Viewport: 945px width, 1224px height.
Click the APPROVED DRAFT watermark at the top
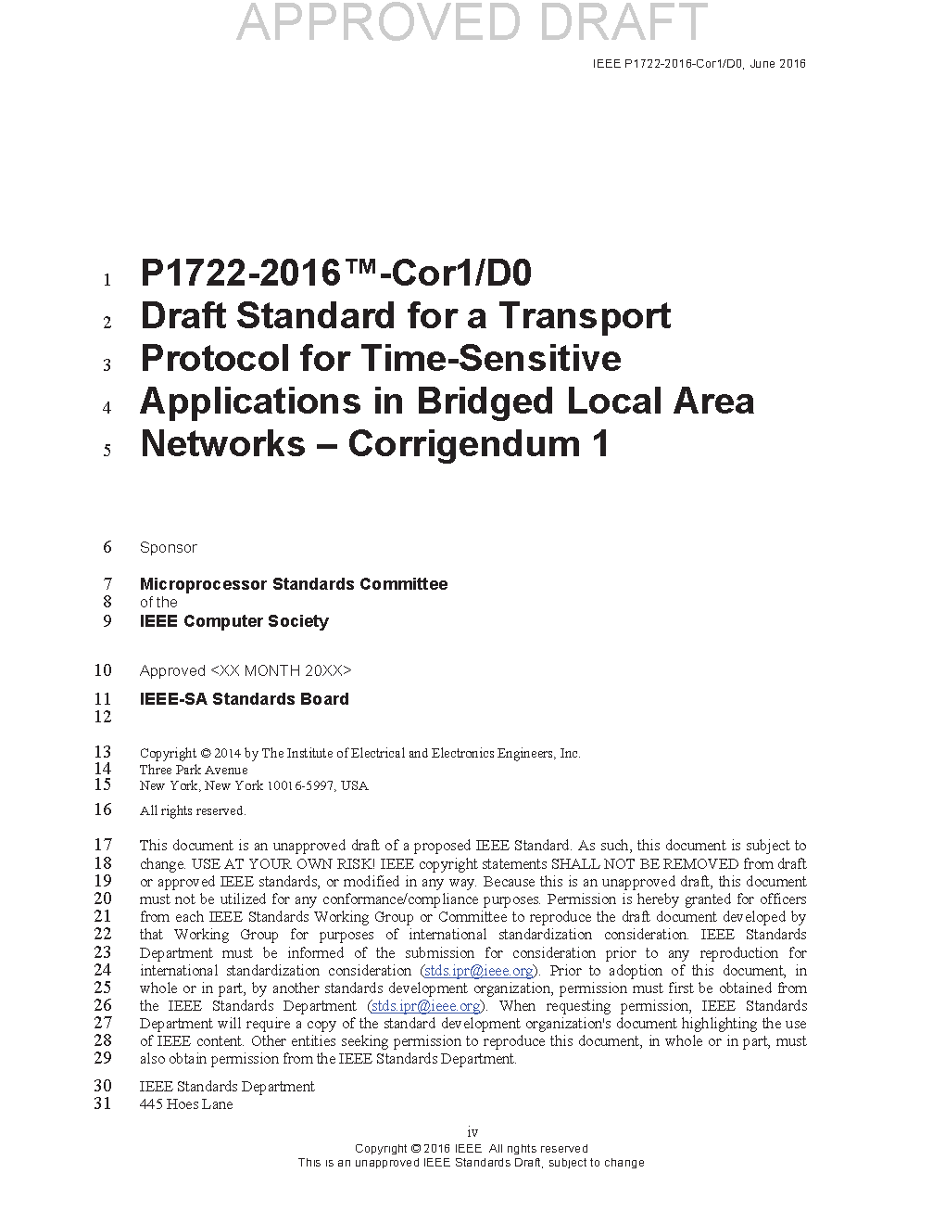472,22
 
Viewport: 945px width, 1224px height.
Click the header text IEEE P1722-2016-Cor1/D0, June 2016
699,64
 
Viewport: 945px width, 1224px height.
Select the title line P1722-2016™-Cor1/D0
335,274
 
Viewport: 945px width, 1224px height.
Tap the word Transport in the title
585,316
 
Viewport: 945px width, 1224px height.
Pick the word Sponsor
168,548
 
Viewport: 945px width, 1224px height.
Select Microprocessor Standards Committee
293,584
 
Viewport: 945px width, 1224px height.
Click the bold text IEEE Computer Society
233,621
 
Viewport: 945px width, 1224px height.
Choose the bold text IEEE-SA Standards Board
244,699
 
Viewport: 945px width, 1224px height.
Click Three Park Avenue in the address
194,770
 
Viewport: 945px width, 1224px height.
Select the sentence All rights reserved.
193,811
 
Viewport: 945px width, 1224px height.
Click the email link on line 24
479,971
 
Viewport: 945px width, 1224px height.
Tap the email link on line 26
426,1006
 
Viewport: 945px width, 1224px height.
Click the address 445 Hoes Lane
186,1104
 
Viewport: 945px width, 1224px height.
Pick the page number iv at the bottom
472,1132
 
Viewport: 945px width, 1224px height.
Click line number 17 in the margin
103,845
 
